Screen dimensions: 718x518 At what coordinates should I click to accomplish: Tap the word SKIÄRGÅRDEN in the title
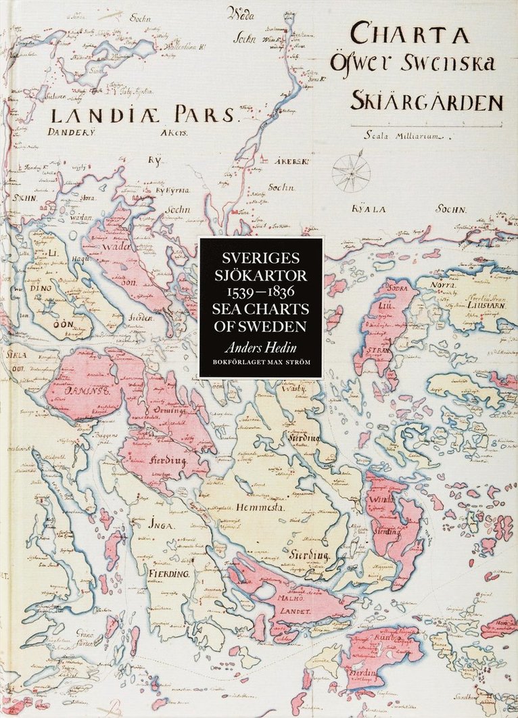(427, 101)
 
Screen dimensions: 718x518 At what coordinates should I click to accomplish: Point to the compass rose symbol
(351, 173)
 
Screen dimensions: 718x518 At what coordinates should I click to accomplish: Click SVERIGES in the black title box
(260, 260)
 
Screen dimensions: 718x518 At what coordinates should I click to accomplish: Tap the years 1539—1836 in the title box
(260, 293)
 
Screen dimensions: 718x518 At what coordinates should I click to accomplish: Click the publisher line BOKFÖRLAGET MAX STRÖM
(260, 364)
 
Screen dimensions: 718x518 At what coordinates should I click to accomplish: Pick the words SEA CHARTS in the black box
(260, 309)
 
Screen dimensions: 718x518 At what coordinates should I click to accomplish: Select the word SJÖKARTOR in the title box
(260, 276)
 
